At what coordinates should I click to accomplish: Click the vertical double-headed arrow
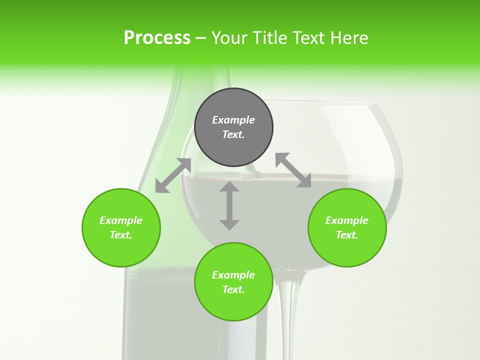click(229, 205)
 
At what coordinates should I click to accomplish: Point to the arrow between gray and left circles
click(173, 175)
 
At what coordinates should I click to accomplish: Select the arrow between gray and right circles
click(293, 170)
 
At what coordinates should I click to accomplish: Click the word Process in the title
click(157, 38)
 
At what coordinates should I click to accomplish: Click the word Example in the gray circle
click(233, 120)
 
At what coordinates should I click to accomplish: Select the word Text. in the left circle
click(121, 235)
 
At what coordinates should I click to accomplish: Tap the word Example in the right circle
click(347, 220)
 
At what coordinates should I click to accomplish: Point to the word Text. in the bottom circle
click(233, 289)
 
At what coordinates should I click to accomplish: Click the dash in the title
click(200, 38)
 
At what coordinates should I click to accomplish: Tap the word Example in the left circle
click(121, 220)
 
